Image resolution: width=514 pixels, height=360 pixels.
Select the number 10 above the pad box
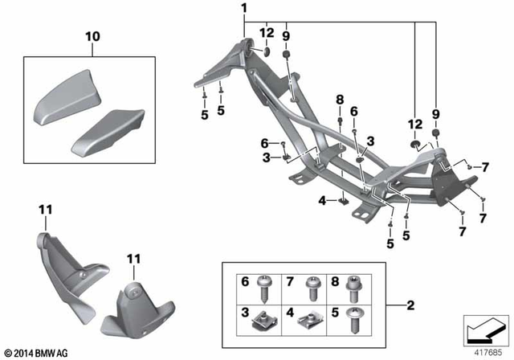pos(94,38)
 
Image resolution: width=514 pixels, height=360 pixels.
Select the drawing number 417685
pos(481,350)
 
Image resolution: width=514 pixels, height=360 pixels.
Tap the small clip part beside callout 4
pos(342,202)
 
